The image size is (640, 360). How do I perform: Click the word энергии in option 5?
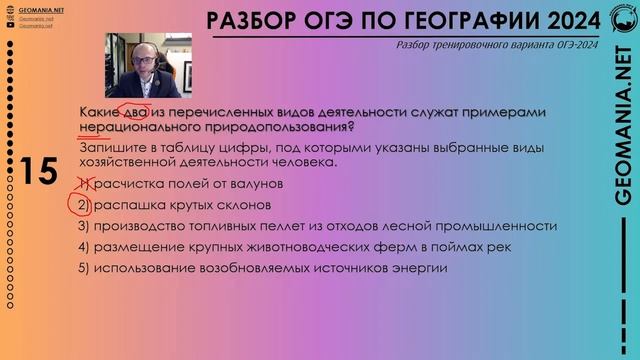pos(422,268)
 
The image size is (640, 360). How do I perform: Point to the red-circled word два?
pos(134,112)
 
